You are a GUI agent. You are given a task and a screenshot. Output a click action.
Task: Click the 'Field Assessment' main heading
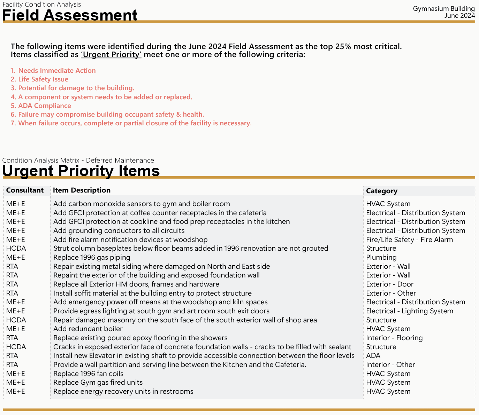(x=70, y=15)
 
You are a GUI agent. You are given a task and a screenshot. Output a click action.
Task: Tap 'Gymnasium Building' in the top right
(x=443, y=9)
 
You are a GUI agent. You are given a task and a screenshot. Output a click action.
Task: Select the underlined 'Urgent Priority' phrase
(x=111, y=55)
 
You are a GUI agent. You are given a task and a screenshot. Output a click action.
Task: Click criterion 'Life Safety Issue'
(x=43, y=79)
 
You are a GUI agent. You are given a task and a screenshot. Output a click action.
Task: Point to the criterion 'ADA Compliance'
(x=44, y=106)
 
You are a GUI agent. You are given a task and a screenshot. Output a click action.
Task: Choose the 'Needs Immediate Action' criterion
(x=57, y=71)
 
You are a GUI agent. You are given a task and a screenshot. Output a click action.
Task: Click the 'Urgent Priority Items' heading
(x=81, y=171)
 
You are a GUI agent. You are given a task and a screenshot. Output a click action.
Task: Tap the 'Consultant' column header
(x=25, y=190)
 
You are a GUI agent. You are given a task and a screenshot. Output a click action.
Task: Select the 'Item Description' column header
(x=82, y=190)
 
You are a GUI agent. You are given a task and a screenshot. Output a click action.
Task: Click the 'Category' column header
(x=381, y=191)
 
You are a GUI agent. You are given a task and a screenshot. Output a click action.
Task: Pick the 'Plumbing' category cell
(x=381, y=258)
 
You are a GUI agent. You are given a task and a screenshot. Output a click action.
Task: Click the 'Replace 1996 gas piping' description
(x=92, y=258)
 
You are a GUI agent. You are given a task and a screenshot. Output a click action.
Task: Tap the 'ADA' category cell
(x=373, y=356)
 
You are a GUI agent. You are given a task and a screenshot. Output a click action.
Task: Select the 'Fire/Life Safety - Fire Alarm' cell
(x=409, y=240)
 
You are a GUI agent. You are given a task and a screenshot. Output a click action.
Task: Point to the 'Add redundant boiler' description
(x=88, y=329)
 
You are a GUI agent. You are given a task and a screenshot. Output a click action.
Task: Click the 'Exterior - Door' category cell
(x=389, y=284)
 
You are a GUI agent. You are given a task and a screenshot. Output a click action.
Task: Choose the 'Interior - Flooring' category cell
(x=394, y=338)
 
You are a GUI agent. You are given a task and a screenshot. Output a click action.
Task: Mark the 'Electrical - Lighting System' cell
(x=409, y=311)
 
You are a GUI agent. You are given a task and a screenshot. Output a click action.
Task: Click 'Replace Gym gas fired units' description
(x=98, y=383)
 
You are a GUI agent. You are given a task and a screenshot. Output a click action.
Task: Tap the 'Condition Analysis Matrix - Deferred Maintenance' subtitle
(x=78, y=160)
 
